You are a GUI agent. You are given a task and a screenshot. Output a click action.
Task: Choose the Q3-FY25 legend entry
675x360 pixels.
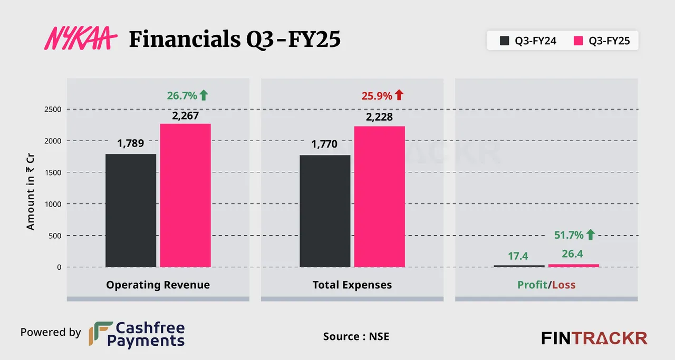coord(602,41)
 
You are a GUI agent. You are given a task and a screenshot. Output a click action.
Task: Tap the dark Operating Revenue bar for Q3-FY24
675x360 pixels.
coord(131,210)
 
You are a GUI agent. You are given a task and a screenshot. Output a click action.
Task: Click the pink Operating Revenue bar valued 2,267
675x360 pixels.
coord(185,195)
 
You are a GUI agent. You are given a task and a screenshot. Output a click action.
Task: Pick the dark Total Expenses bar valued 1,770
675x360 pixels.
coord(325,211)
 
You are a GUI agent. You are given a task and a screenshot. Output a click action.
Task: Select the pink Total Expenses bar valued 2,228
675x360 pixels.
coord(379,196)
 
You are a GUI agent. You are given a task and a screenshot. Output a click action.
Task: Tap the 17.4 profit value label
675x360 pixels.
coord(518,256)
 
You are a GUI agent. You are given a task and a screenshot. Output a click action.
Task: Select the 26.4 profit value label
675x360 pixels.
coord(572,254)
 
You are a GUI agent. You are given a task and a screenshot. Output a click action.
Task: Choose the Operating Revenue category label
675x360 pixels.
coord(158,285)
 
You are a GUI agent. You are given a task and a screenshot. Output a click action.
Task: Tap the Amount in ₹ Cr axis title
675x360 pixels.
coord(31,188)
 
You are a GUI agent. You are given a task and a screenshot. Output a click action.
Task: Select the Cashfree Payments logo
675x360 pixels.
coord(137,334)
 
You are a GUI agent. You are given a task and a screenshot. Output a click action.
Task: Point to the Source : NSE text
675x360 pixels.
coord(356,336)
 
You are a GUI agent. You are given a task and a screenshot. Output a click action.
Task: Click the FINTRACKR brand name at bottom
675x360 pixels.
coord(594,338)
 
